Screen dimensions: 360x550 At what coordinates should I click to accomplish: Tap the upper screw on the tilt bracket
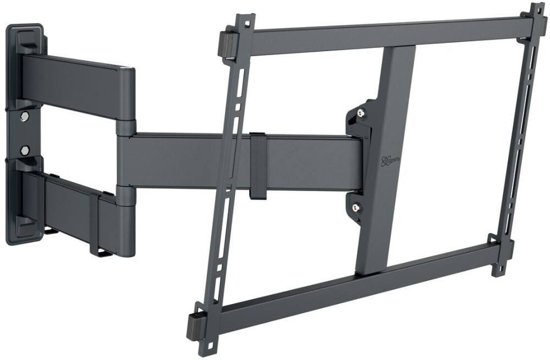click(x=361, y=113)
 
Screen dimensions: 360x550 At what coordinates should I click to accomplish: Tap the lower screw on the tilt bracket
click(x=356, y=208)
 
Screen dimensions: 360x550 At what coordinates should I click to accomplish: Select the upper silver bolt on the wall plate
click(x=24, y=117)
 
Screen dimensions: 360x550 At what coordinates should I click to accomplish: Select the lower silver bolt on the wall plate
click(x=24, y=150)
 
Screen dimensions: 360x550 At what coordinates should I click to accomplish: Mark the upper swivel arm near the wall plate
click(x=77, y=83)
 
